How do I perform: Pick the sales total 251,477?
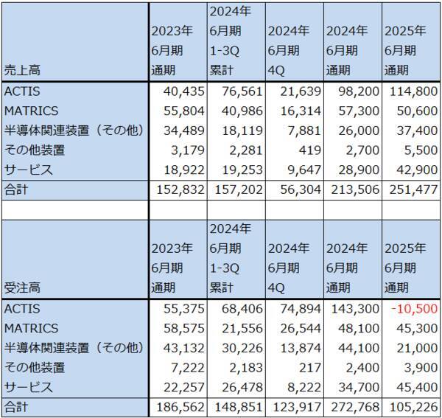[x=407, y=189]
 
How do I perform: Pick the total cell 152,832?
[x=176, y=189]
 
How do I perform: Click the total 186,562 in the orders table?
[x=176, y=406]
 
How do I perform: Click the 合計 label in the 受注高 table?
[x=15, y=406]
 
